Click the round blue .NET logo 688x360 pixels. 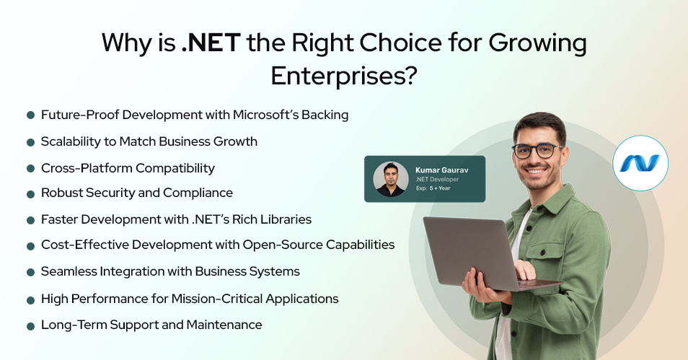(640, 163)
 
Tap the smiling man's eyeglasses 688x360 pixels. (537, 151)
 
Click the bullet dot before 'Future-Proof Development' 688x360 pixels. (31, 115)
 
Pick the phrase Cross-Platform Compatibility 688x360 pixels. (128, 168)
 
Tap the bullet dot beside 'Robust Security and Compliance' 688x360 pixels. (31, 194)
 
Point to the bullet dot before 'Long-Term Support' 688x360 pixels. (31, 326)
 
